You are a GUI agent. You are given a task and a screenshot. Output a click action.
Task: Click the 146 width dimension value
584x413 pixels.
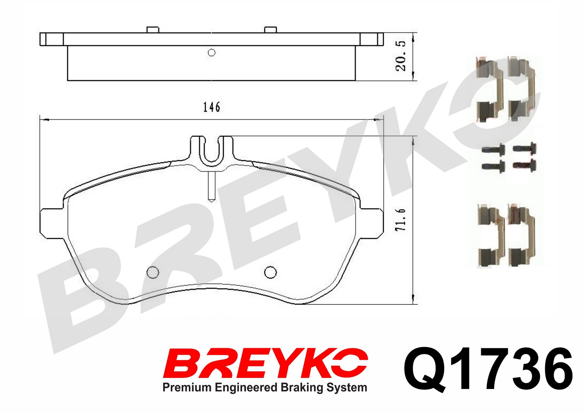tap(212, 107)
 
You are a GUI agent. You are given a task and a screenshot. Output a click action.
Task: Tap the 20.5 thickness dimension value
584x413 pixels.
tap(401, 56)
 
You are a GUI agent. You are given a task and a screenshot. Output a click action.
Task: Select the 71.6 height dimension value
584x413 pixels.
tap(401, 220)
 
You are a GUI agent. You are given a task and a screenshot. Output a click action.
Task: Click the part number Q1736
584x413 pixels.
tap(488, 370)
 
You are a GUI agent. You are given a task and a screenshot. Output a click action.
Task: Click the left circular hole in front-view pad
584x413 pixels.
tap(153, 272)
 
